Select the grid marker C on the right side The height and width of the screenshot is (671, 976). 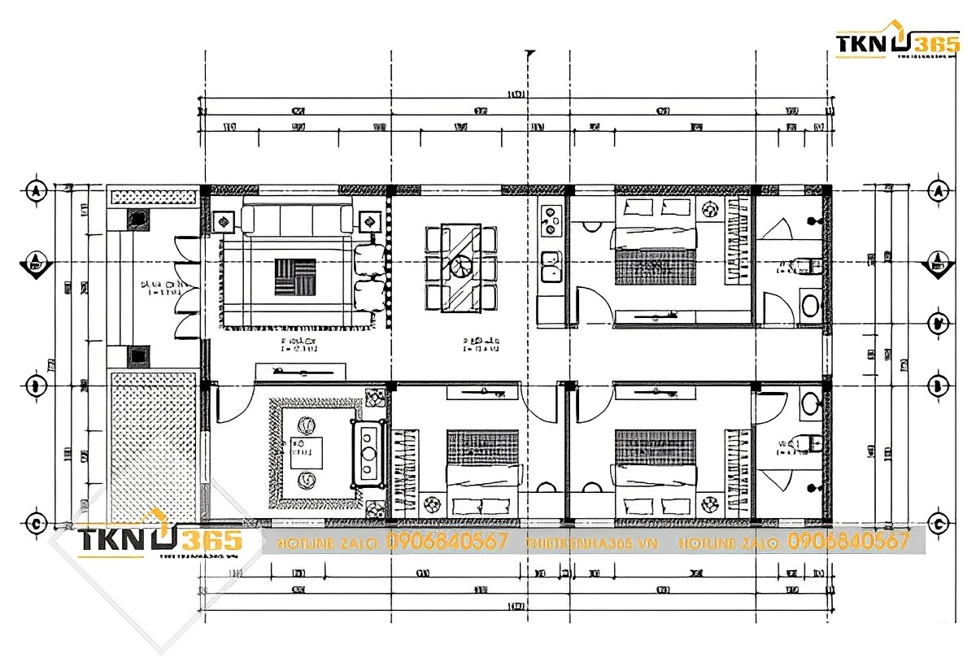[x=939, y=522]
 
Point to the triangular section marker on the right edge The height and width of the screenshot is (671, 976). [x=939, y=264]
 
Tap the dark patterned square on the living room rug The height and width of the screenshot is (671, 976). [x=294, y=277]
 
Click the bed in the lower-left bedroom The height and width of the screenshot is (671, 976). [x=482, y=472]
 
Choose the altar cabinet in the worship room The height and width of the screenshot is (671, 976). [x=368, y=453]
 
